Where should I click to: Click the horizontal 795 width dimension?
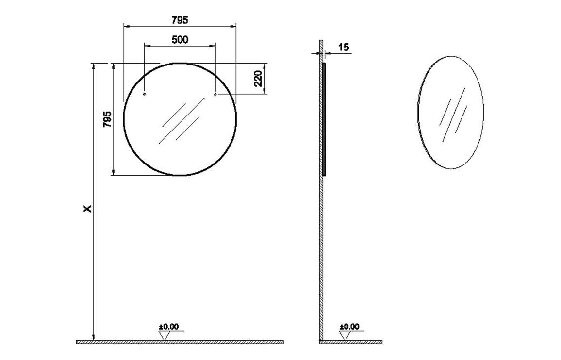pos(180,20)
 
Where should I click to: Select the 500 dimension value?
pos(180,40)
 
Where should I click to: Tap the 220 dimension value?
pos(258,78)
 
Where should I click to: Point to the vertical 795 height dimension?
pos(107,119)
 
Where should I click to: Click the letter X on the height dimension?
pos(87,209)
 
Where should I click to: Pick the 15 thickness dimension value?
pos(343,47)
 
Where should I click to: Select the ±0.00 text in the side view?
pos(349,327)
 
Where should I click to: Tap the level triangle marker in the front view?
pos(165,335)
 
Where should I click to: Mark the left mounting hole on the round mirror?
pos(145,94)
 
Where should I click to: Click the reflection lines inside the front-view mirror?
pos(180,121)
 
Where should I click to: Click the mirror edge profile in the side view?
pos(324,119)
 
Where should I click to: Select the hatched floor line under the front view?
pos(180,342)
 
